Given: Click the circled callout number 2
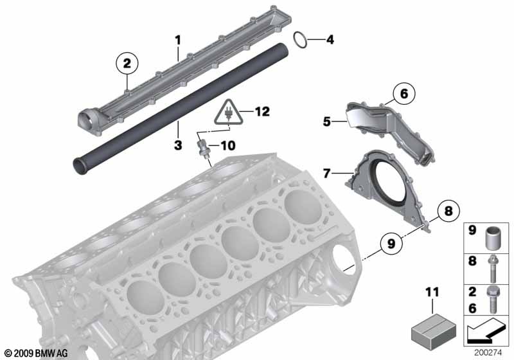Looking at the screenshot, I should pyautogui.click(x=127, y=63).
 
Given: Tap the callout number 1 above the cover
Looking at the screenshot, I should pyautogui.click(x=178, y=40).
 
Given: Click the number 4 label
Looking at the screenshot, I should pyautogui.click(x=330, y=40).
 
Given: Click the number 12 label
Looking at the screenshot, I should pyautogui.click(x=261, y=112).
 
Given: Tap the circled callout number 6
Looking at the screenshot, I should pyautogui.click(x=404, y=94).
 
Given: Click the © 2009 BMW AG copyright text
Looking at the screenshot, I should pyautogui.click(x=37, y=354).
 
